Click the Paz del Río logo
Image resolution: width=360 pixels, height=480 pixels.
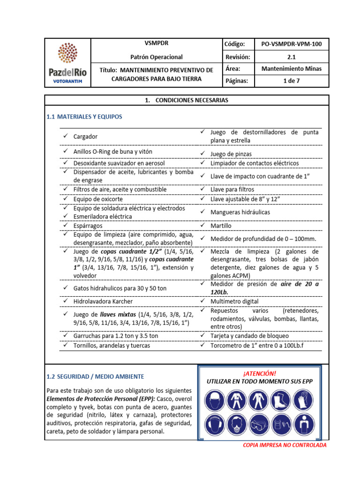pos(67,63)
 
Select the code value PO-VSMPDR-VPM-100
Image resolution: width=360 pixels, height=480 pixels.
pos(291,44)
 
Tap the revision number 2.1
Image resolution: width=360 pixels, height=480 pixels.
pos(291,57)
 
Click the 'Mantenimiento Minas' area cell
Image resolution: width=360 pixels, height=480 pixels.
pos(291,69)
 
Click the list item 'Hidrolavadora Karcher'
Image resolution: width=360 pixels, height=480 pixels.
pos(103,301)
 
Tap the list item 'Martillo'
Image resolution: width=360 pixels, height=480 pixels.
pos(221,225)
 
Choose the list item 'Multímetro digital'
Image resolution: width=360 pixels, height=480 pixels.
pos(234,301)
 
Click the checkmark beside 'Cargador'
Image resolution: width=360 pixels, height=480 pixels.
pos(65,136)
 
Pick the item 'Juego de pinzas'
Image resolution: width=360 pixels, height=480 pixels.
pos(231,154)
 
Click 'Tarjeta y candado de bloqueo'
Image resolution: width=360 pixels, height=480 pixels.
pos(249,336)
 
